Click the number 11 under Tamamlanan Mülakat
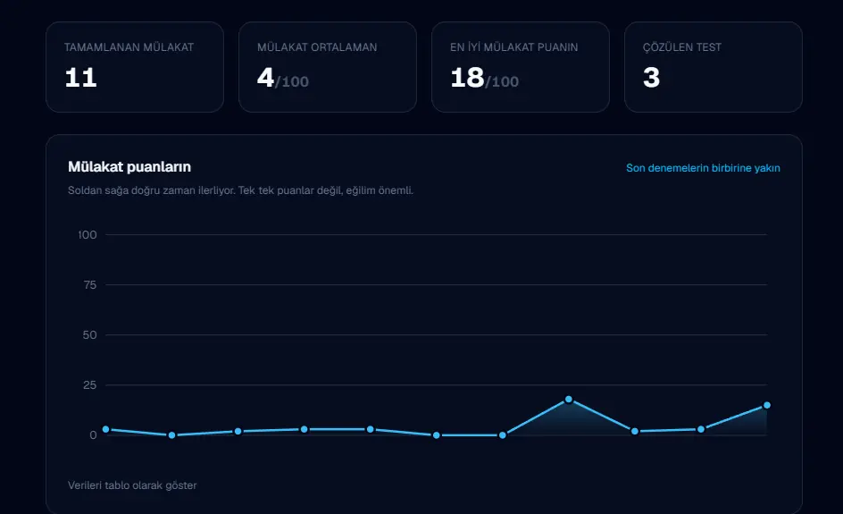pos(80,78)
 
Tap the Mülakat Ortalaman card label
pos(317,47)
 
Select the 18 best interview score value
pos(467,78)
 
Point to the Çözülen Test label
pos(682,46)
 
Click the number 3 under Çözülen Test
pos(651,78)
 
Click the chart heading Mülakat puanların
pos(129,167)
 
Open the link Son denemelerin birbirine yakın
pos(703,168)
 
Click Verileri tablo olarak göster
pos(132,485)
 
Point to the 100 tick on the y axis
pos(88,235)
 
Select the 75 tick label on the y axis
pos(90,285)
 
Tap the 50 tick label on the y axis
pos(90,335)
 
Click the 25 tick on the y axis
pos(90,384)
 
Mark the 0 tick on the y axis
pos(93,434)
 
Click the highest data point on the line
pos(568,400)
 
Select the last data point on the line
pos(767,405)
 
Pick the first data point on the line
pos(106,429)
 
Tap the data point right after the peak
pos(634,431)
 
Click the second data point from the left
pos(172,434)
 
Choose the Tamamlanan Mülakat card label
pos(129,47)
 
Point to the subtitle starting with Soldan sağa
pos(240,190)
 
